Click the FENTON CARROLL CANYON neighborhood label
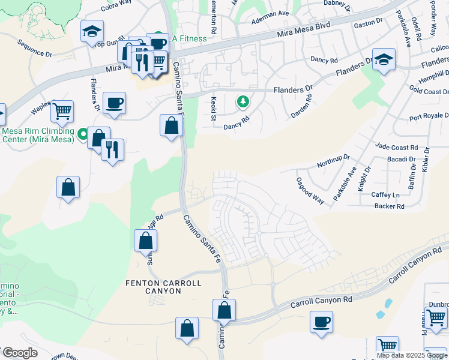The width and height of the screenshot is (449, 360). tap(163, 287)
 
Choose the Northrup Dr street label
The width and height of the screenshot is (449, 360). tap(333, 163)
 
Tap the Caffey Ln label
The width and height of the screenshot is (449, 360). tap(385, 195)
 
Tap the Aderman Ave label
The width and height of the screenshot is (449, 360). tap(270, 13)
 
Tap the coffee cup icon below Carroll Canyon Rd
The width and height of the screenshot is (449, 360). tap(321, 322)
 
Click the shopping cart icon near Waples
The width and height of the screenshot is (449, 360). tap(62, 111)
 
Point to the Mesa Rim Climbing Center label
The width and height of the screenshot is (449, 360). tap(38, 135)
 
